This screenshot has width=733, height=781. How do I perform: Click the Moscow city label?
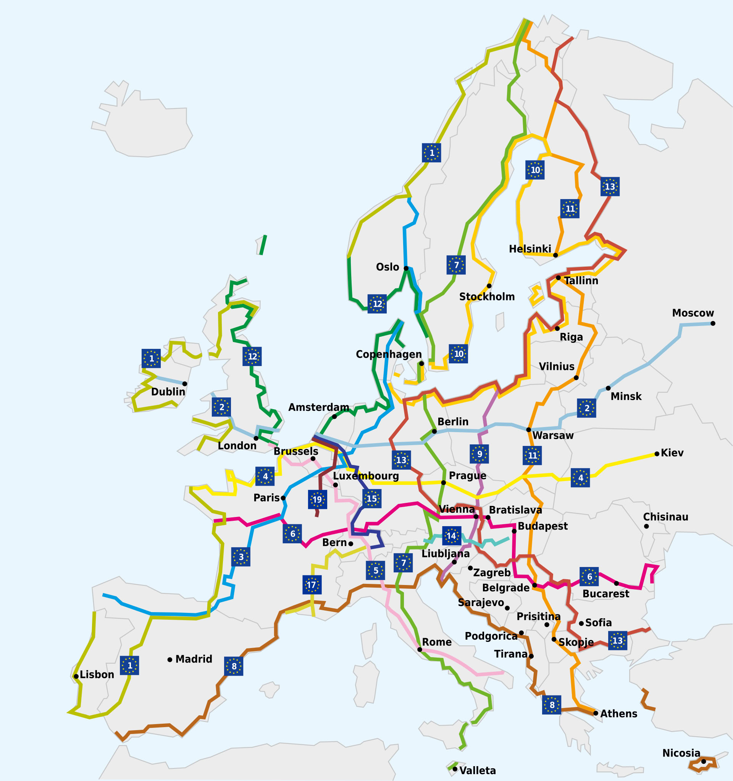tap(693, 313)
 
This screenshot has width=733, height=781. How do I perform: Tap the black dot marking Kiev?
tap(657, 454)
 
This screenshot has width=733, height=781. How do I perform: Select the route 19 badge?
tap(317, 499)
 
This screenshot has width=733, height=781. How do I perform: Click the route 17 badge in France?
tap(312, 585)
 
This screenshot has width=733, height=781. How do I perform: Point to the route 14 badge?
tap(451, 535)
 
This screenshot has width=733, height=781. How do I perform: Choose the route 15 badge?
tap(371, 499)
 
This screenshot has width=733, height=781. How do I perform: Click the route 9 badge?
tap(479, 454)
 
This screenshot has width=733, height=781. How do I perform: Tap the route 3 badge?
tap(241, 557)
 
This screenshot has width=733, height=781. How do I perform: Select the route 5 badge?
tap(375, 570)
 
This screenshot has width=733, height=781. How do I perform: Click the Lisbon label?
tap(97, 674)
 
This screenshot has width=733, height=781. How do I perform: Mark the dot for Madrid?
tap(170, 659)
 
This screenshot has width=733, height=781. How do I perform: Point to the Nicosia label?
tap(681, 753)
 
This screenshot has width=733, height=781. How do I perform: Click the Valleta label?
tap(478, 770)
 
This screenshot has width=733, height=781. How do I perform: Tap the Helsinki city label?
tap(530, 249)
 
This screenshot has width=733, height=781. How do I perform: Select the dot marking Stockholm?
tap(489, 285)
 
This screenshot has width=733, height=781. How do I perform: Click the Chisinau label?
tap(665, 517)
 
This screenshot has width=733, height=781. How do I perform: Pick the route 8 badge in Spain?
tap(234, 666)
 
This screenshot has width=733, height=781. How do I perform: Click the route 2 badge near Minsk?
tap(586, 408)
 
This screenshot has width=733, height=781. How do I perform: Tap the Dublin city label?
tap(168, 392)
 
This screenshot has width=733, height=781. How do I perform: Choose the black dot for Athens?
tap(596, 713)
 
